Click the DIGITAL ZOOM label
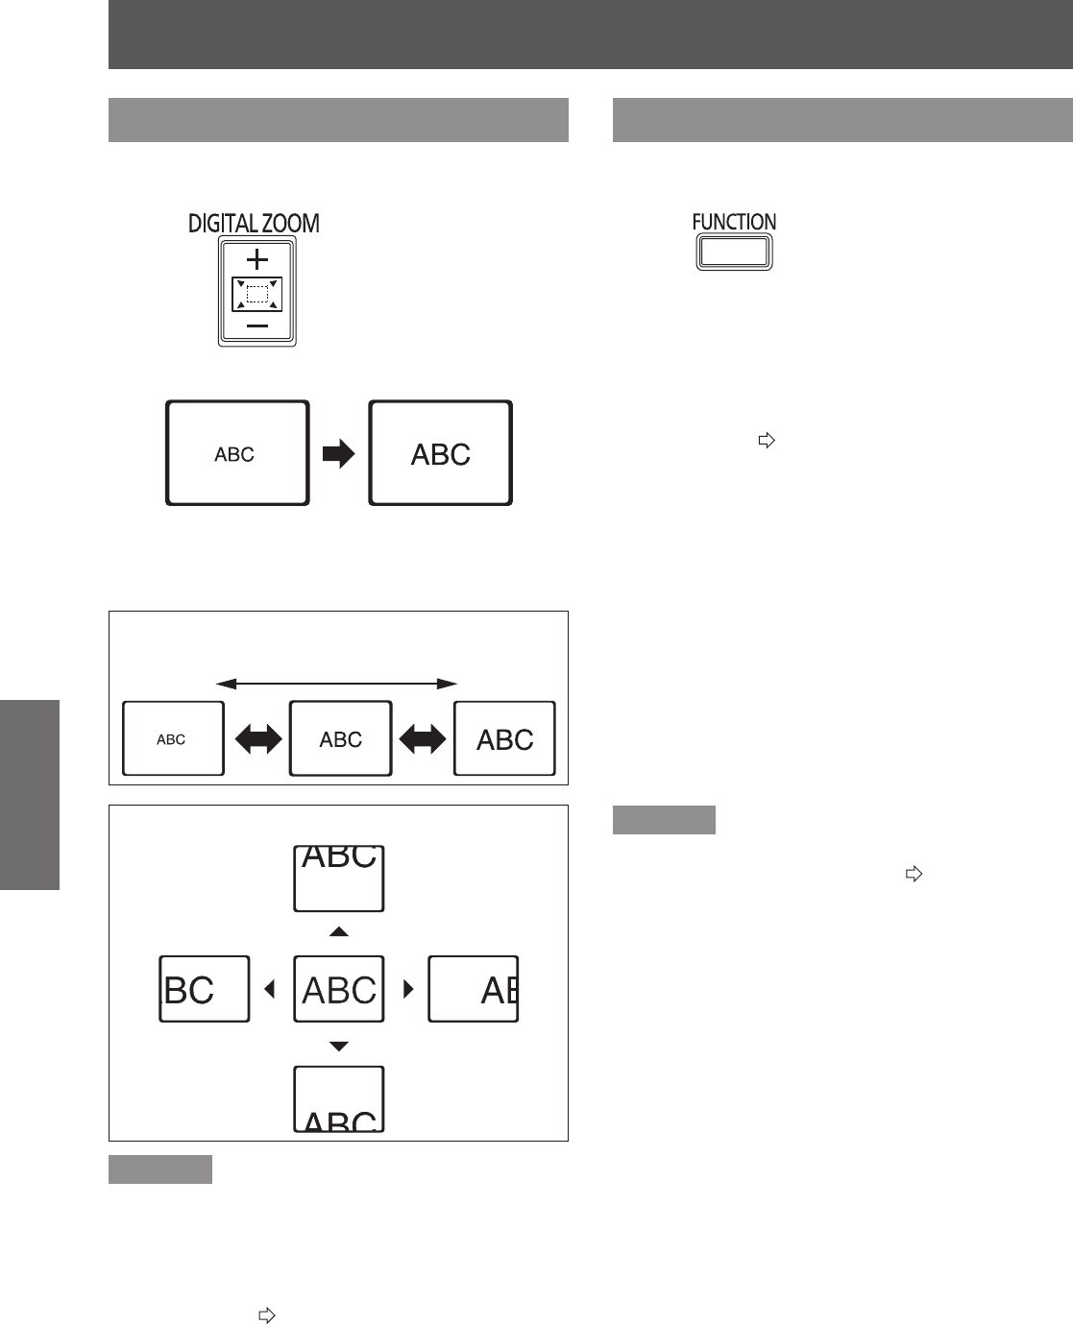point(254,224)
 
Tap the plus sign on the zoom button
point(257,259)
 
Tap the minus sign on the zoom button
point(257,326)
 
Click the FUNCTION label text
point(734,222)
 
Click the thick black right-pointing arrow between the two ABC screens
point(339,454)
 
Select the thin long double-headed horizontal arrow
point(336,684)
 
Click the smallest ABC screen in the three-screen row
point(173,738)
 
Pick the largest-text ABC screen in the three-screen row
point(504,738)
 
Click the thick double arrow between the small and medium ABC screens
point(257,738)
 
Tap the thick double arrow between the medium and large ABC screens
point(423,738)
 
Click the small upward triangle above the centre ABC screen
point(339,931)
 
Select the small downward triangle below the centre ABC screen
point(339,1047)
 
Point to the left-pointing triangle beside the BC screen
point(270,989)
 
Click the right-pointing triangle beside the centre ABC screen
point(408,989)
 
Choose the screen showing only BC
point(205,989)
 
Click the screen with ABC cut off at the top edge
point(339,879)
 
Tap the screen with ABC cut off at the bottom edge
point(339,1099)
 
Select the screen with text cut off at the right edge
point(474,989)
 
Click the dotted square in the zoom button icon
point(257,294)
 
